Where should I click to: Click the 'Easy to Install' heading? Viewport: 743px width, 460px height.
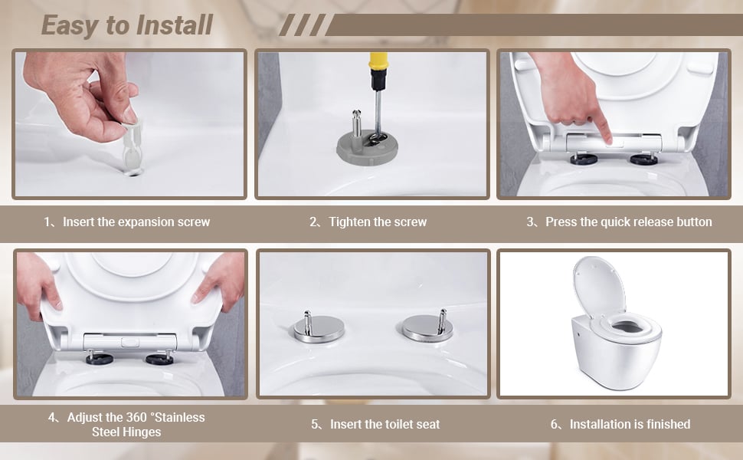(x=127, y=25)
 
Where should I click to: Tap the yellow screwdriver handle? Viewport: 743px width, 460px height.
(x=378, y=61)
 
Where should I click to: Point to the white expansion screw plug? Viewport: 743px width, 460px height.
(x=133, y=148)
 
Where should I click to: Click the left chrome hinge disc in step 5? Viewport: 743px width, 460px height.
(x=319, y=328)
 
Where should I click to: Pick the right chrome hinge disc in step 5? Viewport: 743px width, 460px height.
(x=428, y=327)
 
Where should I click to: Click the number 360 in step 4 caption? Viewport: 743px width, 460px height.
(x=136, y=417)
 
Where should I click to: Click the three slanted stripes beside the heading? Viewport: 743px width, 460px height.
(x=303, y=25)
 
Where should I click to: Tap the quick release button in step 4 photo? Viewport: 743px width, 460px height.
(x=129, y=342)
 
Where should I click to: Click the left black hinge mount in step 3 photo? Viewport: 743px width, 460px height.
(x=584, y=159)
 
